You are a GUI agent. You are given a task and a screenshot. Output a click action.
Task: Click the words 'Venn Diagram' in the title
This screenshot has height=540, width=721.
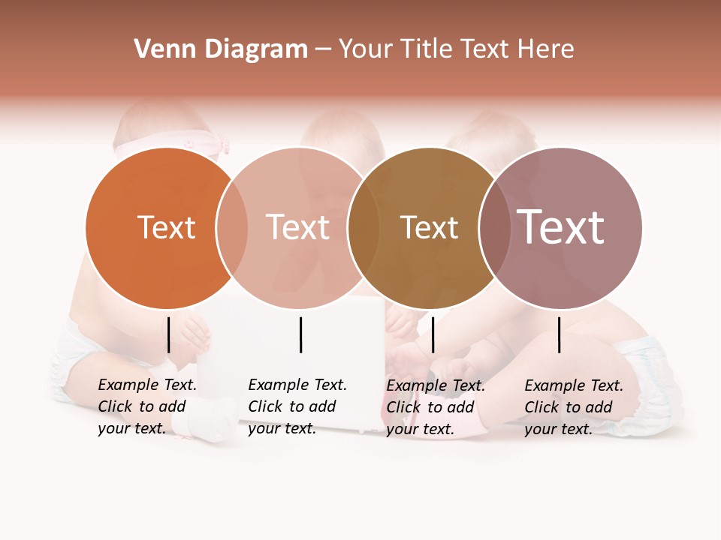[221, 49]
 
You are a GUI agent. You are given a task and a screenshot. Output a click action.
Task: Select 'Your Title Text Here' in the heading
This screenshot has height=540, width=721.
[456, 49]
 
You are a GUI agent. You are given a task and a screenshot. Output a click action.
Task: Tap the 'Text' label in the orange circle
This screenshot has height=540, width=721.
[166, 227]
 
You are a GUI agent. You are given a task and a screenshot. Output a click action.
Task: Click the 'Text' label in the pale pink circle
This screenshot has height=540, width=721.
[297, 227]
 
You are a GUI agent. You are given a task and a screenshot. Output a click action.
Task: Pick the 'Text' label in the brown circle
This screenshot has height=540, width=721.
[429, 227]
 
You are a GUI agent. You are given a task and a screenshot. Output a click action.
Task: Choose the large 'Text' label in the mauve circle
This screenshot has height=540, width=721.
[560, 227]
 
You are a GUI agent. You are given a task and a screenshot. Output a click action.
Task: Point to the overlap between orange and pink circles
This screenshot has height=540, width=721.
[232, 228]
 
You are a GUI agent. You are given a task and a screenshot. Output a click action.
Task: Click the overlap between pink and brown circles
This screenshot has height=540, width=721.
[364, 228]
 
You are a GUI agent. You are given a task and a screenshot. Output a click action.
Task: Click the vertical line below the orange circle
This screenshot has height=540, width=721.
[169, 334]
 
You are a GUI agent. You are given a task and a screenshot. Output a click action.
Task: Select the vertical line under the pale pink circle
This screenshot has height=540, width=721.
[300, 334]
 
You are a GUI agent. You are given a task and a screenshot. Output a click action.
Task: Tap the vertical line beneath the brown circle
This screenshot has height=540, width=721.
[433, 334]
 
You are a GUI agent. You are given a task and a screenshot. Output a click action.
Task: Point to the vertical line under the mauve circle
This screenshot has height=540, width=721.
[560, 334]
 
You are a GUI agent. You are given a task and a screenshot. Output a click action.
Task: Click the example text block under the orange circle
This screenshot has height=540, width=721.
[147, 406]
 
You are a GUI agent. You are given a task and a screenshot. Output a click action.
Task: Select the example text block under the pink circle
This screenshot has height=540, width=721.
[297, 406]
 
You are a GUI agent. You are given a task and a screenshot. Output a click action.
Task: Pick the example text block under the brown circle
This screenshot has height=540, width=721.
[436, 407]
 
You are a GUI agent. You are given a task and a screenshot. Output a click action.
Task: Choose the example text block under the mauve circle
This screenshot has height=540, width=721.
[574, 407]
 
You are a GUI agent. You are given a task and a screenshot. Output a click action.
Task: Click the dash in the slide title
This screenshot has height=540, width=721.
[323, 50]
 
